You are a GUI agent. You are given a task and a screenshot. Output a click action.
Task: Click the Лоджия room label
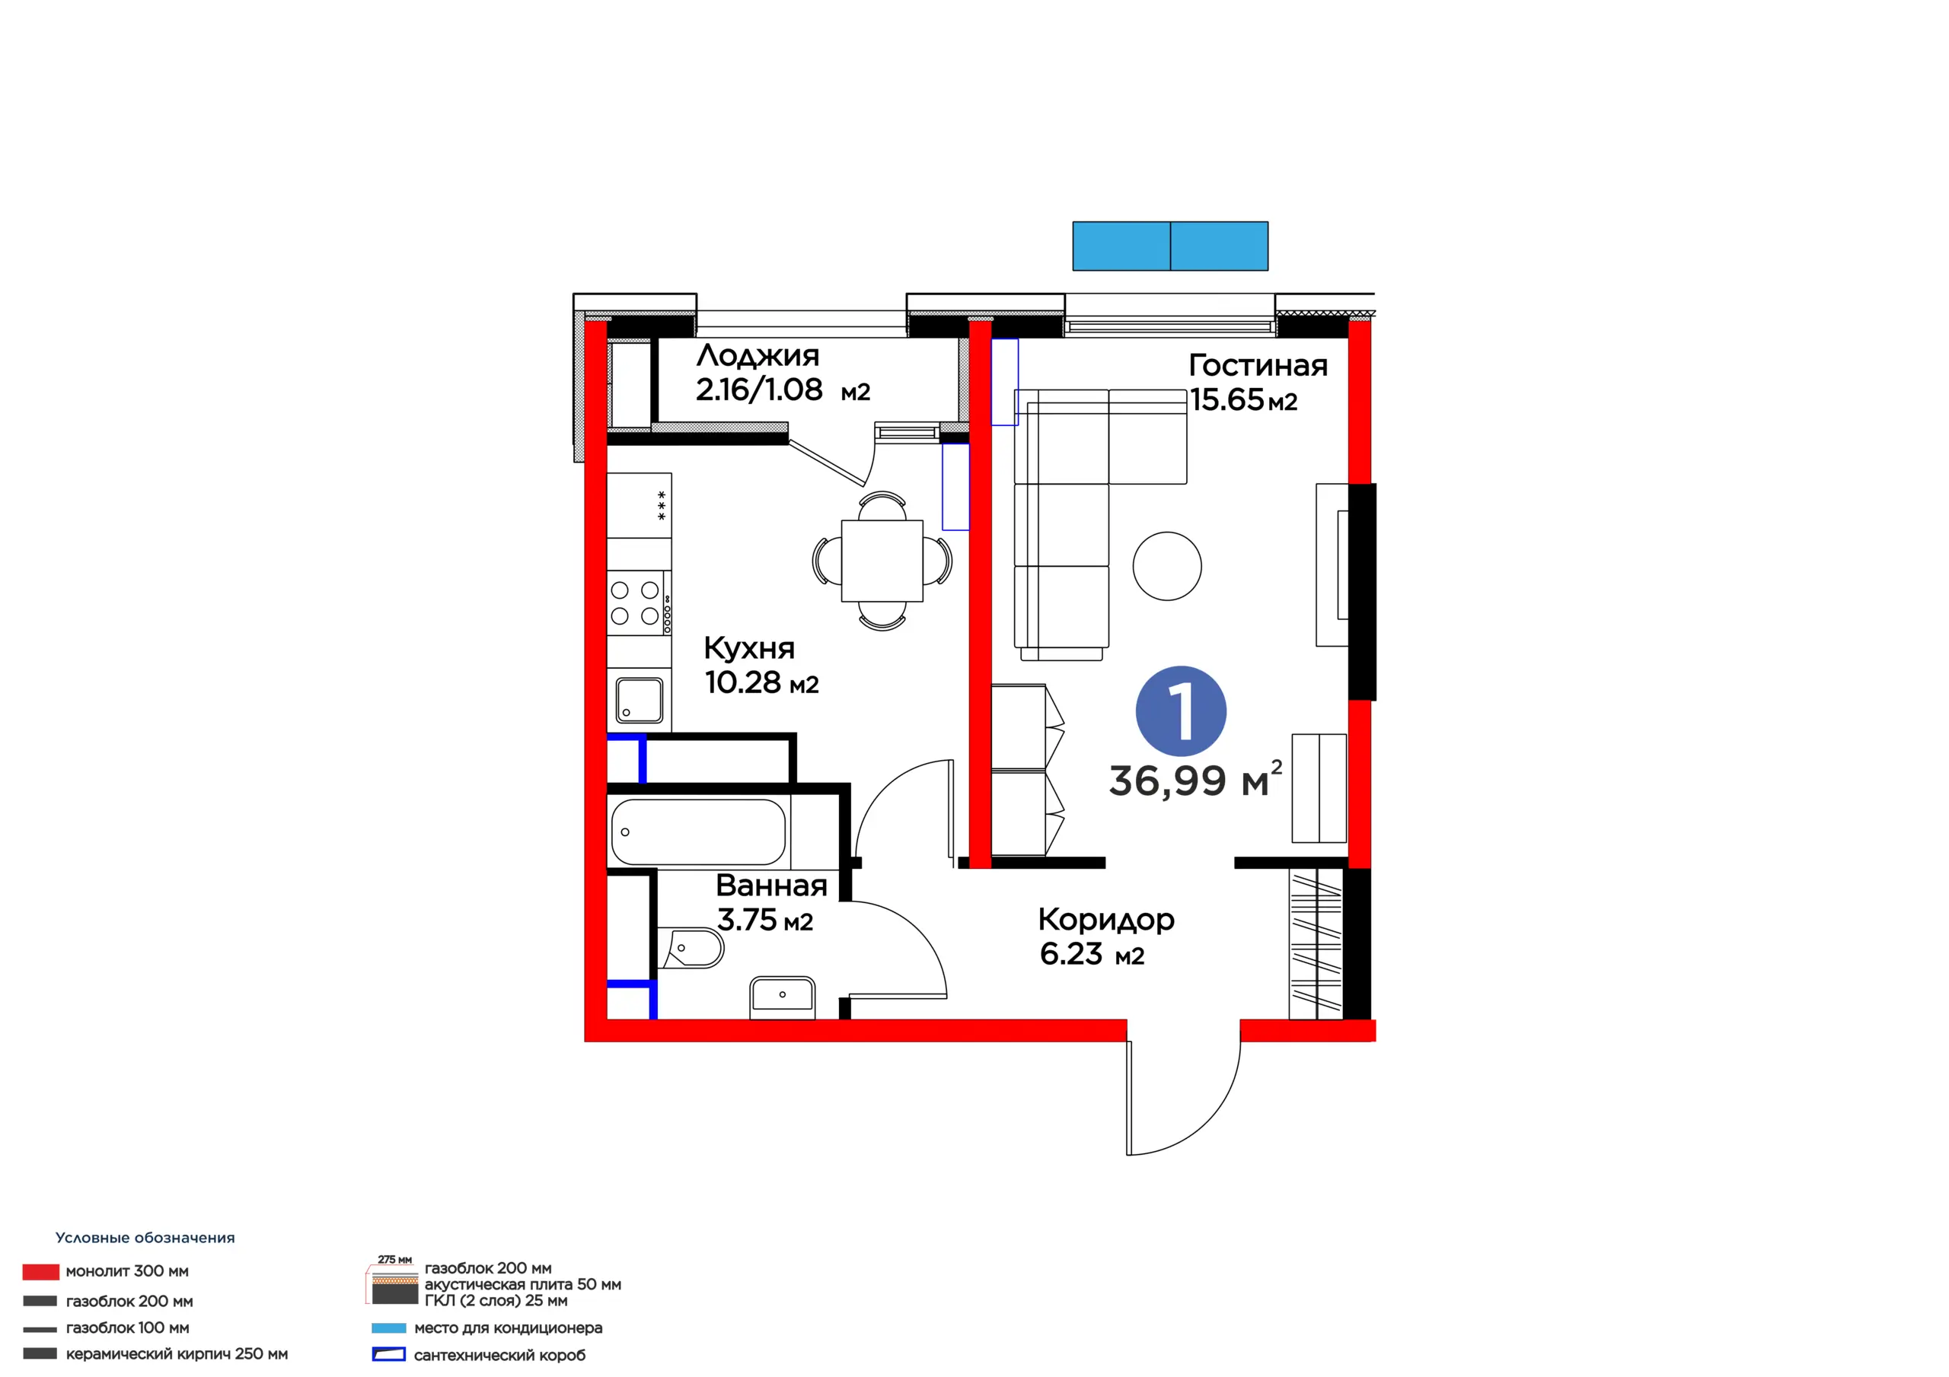(x=758, y=355)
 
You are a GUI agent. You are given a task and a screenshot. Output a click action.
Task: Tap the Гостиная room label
(x=1258, y=366)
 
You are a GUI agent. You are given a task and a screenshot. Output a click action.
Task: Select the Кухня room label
(x=748, y=649)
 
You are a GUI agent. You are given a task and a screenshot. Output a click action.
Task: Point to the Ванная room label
(x=770, y=886)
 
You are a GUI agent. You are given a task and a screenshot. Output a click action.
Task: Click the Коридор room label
(x=1106, y=921)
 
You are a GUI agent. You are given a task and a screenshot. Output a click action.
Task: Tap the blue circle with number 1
(x=1181, y=711)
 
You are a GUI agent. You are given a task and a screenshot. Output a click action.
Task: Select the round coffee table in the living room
(x=1167, y=566)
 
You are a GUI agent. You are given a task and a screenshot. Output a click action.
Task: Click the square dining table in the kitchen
(x=882, y=561)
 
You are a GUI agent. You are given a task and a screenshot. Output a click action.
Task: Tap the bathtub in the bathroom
(x=698, y=832)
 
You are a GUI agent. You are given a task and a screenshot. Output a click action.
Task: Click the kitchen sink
(x=640, y=700)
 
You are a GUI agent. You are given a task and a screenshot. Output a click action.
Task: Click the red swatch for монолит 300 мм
(x=41, y=1272)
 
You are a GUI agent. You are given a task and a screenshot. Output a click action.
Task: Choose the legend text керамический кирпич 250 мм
(x=177, y=1354)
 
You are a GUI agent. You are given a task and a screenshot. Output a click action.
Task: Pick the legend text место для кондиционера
(x=508, y=1328)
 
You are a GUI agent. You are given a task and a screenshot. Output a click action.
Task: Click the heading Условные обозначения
(x=145, y=1238)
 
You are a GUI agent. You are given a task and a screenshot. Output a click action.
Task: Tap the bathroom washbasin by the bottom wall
(x=782, y=996)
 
